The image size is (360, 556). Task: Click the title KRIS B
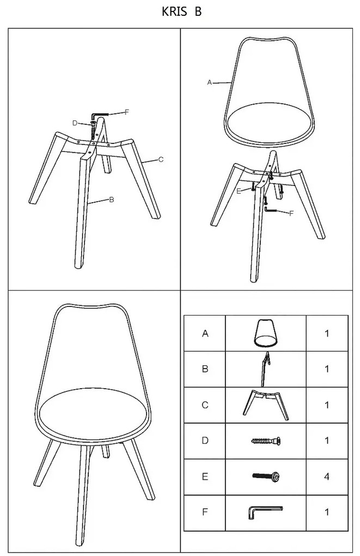(181, 11)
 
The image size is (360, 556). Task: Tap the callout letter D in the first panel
(75, 123)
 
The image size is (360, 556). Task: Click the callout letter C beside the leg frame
(161, 160)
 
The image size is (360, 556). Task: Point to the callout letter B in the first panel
(112, 200)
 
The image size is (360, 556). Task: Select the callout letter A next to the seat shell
(209, 82)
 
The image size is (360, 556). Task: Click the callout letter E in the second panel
(239, 191)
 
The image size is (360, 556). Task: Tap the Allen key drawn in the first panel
(100, 114)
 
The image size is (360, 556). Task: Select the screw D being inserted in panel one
(93, 130)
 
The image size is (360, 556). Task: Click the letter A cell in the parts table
(205, 333)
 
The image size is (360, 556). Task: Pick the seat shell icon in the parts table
(266, 333)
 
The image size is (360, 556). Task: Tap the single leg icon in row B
(265, 369)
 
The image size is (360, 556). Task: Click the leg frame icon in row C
(266, 405)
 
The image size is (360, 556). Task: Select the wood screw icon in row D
(266, 441)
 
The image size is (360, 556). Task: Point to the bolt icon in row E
(266, 476)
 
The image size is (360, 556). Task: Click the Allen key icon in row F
(265, 512)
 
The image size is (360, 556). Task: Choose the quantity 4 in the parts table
(327, 476)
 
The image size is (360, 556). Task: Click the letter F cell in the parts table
(205, 512)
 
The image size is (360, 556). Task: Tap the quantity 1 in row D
(327, 441)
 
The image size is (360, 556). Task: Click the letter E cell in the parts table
(205, 476)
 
